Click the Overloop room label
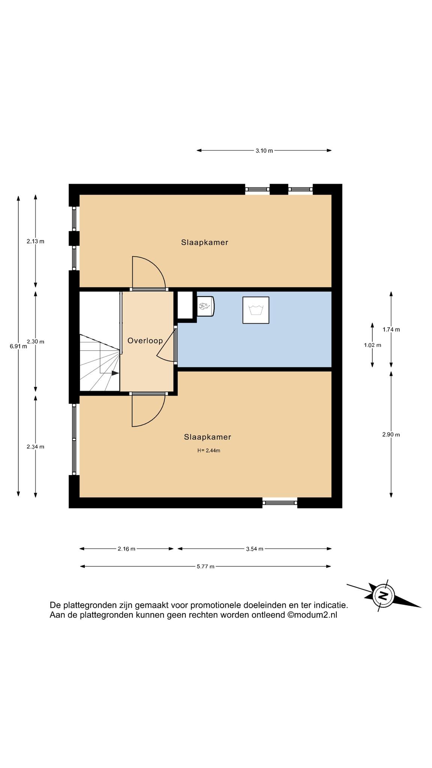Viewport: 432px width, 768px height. tap(145, 340)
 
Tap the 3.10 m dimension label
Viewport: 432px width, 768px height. tap(264, 151)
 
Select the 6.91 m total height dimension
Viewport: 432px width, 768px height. tap(18, 346)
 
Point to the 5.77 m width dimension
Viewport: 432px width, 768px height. tap(205, 566)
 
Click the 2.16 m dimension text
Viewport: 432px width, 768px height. tap(126, 549)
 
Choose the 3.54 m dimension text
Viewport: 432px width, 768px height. tap(255, 549)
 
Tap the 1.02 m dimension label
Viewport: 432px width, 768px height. tap(372, 345)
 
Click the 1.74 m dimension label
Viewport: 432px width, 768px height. tap(391, 330)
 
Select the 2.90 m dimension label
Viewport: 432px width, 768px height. tap(391, 435)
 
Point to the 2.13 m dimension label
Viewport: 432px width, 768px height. tap(35, 241)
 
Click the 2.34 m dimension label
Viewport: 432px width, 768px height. tap(35, 447)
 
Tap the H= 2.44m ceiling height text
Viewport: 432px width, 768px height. tap(208, 451)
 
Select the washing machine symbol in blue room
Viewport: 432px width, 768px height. tap(256, 310)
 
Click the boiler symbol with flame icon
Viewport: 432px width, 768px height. tap(205, 306)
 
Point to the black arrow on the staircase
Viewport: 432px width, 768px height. tap(115, 373)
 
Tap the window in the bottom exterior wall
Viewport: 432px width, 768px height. tap(280, 502)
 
